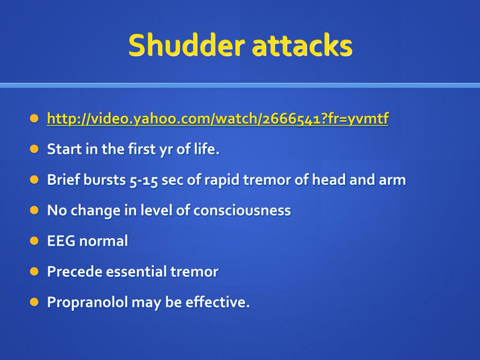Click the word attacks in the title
(302, 46)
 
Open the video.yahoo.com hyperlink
(217, 119)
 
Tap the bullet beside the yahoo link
(34, 119)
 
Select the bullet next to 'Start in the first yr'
(34, 149)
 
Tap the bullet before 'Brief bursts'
(34, 180)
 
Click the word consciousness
(242, 210)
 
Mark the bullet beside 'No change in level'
(34, 210)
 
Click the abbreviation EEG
(61, 241)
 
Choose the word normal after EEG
(104, 241)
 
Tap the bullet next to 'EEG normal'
(34, 240)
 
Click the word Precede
(75, 271)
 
